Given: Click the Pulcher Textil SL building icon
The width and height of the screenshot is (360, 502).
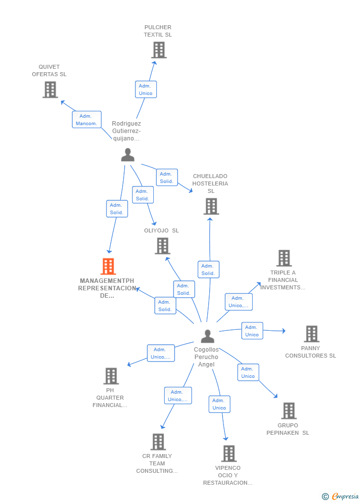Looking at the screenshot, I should coord(159,50).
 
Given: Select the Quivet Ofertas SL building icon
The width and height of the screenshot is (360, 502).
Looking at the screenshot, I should coord(50,90).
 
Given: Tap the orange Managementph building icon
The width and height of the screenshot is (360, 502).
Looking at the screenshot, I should coord(108,267).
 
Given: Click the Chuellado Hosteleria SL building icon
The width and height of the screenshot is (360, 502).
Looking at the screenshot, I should coord(211,206).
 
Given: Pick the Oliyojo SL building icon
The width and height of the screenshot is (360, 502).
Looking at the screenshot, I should coord(162,246).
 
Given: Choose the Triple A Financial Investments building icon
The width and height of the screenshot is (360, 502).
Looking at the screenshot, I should coord(284,258).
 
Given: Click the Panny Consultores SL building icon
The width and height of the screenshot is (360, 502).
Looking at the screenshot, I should coord(312,334).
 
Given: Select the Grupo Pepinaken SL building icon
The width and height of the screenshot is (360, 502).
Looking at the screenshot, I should coord(289,411).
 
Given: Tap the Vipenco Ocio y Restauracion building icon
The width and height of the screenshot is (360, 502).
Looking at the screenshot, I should coord(228,453).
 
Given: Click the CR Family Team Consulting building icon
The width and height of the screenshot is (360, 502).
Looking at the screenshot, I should coord(158,442).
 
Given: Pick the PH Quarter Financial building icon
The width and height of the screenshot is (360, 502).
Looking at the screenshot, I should coord(111,376).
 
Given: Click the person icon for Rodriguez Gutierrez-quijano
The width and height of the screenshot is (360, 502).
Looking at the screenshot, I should coord(128,155).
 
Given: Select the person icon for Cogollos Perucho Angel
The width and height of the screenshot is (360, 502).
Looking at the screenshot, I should coord(208,336).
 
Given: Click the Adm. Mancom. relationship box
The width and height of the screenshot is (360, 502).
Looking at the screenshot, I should coord(87,120).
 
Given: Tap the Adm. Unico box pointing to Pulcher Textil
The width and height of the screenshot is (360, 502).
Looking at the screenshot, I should coord(146,90).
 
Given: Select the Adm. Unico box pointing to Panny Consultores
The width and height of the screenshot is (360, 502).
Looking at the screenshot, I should coord(252,331).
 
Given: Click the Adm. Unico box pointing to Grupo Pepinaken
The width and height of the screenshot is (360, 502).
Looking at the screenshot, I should coord(248,372).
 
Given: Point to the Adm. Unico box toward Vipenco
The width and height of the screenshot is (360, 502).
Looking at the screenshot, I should coord(219,404).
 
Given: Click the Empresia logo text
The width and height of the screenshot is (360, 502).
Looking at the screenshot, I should coord(345,496).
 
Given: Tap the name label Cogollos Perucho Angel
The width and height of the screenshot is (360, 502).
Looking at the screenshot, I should coord(206,357).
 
